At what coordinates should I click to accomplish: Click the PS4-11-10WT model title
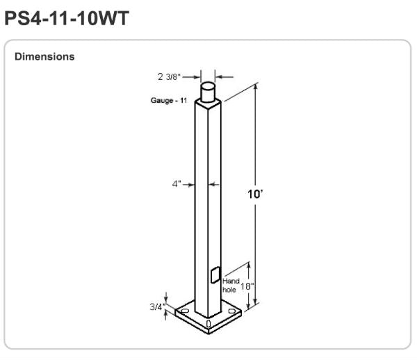click(67, 18)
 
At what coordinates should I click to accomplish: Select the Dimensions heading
click(44, 56)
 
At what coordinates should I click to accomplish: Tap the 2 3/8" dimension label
click(169, 77)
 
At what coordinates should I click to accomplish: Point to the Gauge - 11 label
click(169, 100)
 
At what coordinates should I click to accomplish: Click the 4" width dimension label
click(177, 183)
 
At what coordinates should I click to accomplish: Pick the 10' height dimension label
click(255, 194)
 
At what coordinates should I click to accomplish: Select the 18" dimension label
click(247, 286)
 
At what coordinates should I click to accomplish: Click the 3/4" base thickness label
click(158, 306)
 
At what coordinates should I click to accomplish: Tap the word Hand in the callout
click(231, 281)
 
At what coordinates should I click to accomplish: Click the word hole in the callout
click(229, 290)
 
